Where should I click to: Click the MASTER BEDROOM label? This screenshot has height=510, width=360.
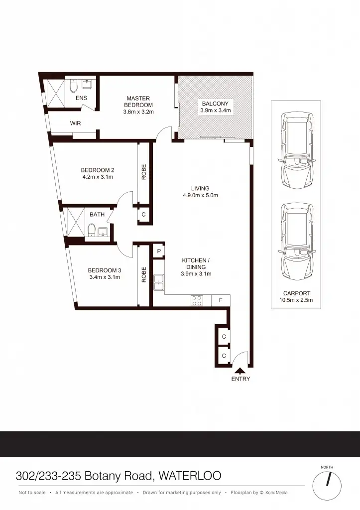click(x=138, y=102)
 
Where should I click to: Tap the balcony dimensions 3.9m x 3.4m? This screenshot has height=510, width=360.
click(x=215, y=111)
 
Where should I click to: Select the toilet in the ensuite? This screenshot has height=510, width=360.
click(x=73, y=88)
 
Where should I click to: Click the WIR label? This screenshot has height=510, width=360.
click(x=76, y=123)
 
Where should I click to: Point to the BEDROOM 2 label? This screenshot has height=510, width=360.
click(x=98, y=170)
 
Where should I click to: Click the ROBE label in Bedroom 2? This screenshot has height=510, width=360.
click(x=144, y=172)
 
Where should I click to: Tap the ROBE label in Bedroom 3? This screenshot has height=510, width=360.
click(x=144, y=274)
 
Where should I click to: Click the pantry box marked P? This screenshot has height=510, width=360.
click(x=158, y=251)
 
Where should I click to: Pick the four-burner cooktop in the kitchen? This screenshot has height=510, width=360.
click(x=197, y=301)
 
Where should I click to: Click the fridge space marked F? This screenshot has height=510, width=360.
click(x=221, y=301)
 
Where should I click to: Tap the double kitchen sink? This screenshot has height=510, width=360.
click(x=159, y=282)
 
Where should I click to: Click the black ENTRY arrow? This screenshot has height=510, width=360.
click(x=240, y=371)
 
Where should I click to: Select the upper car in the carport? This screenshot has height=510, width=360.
click(x=298, y=149)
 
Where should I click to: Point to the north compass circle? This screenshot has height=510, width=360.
click(x=328, y=483)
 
